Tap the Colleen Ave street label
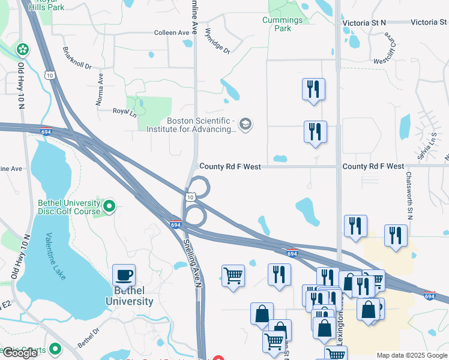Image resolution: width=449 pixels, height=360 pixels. pyautogui.click(x=172, y=32)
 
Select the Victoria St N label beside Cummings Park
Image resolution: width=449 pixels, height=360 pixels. pyautogui.click(x=364, y=23)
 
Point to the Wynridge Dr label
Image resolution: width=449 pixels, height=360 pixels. pyautogui.click(x=217, y=41)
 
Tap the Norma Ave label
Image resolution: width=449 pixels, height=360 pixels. pyautogui.click(x=100, y=89)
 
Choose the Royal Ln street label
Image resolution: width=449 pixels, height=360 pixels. pyautogui.click(x=125, y=112)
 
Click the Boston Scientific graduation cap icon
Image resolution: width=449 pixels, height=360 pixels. pyautogui.click(x=245, y=124)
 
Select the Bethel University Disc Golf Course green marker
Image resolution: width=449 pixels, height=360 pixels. pyautogui.click(x=109, y=207)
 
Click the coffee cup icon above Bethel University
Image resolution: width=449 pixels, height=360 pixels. pyautogui.click(x=124, y=275)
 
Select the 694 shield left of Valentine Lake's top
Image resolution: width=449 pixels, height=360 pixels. pyautogui.click(x=46, y=132)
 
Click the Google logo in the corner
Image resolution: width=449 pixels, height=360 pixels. pyautogui.click(x=20, y=353)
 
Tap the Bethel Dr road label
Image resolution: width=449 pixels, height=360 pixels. pyautogui.click(x=88, y=338)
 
